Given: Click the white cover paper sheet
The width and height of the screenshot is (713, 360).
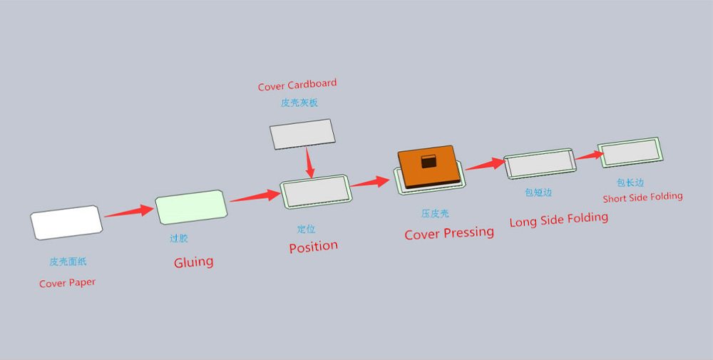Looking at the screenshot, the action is point(66,222).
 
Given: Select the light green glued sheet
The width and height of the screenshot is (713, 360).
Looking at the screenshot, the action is point(191,207).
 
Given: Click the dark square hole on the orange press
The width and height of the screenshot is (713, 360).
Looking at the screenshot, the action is point(429,161).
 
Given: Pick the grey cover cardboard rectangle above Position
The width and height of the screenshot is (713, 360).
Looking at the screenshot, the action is point(302,134).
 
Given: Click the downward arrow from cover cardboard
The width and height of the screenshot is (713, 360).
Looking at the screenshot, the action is point(309,162).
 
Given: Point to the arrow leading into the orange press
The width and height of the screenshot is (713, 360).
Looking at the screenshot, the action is point(370,182).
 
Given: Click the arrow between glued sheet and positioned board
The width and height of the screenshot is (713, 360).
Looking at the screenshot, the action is point(255,196).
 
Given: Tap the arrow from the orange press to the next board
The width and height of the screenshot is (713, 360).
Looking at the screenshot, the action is point(486,164).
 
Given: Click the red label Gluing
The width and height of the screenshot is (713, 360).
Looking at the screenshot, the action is point(194,262).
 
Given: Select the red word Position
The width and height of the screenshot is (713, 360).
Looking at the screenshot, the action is point(313,247).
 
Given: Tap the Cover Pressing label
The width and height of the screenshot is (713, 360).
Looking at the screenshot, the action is point(449,233).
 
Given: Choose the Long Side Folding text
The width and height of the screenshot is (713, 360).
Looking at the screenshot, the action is point(559,220).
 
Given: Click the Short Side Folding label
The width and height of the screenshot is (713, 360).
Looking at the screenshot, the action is point(642,197).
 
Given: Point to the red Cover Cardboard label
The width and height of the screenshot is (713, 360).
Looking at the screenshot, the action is point(297,85).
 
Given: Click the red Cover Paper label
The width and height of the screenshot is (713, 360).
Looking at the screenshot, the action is point(67,283).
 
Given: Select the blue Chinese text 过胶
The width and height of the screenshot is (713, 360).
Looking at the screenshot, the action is point(179,238).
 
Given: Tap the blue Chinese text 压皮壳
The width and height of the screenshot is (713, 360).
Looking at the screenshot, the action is point(435,213).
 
